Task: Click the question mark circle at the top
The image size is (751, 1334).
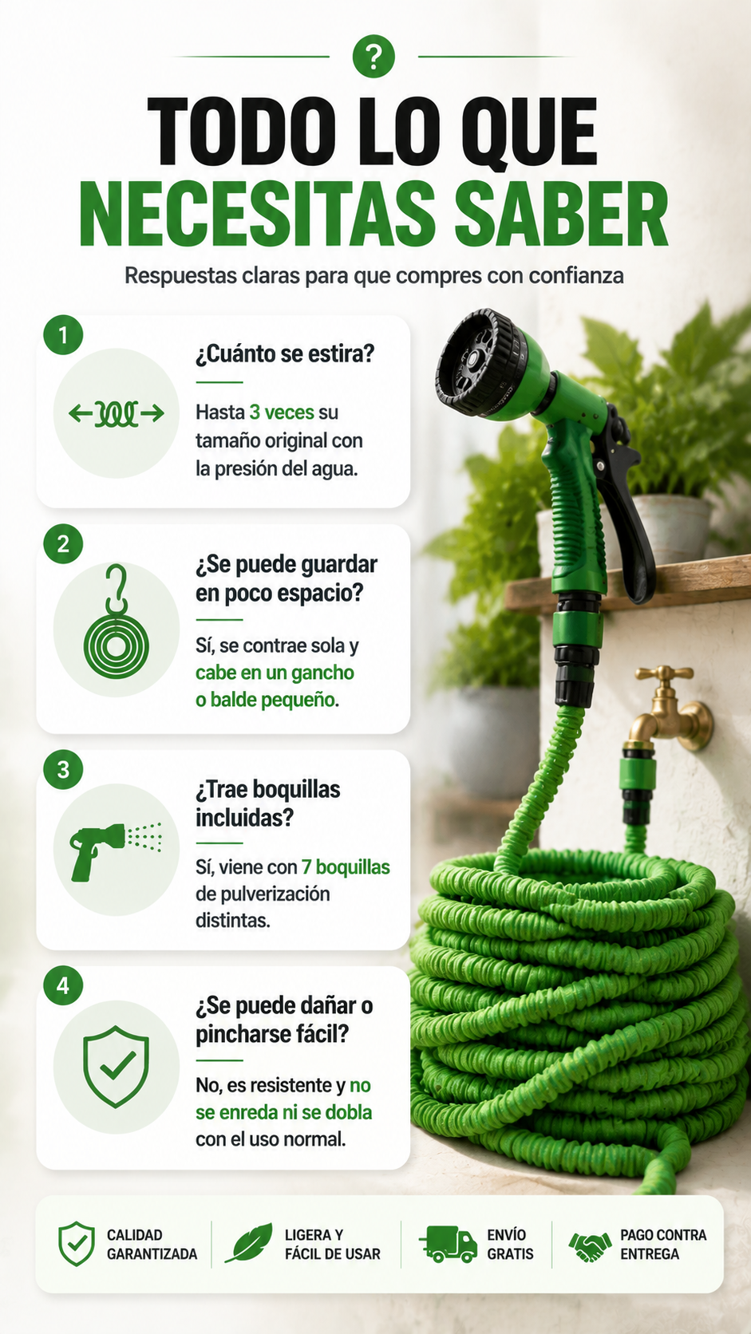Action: (374, 57)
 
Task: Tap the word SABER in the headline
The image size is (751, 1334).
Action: (560, 215)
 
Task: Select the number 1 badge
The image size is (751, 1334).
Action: (63, 335)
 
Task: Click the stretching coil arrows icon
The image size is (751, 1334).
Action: (117, 413)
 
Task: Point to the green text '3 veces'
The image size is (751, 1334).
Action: (282, 412)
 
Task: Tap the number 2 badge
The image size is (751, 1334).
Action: (63, 543)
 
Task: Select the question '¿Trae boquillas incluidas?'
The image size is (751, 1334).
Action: (268, 803)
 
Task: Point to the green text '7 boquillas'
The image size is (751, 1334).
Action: (346, 867)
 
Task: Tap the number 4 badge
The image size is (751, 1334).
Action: (63, 985)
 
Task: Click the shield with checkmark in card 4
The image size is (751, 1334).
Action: (117, 1066)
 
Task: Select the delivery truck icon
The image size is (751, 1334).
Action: (449, 1244)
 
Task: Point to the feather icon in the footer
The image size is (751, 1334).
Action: (249, 1243)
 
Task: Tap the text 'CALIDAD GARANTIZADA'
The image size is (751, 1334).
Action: (152, 1244)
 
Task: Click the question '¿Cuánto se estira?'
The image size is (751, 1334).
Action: (285, 354)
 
